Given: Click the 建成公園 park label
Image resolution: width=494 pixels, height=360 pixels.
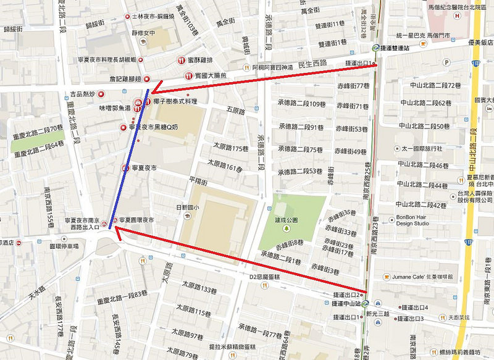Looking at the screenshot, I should pos(286,219).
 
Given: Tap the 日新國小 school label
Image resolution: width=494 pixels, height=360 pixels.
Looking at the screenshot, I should pos(188,207).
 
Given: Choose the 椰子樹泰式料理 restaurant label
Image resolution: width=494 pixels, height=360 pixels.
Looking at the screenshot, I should pos(176,101).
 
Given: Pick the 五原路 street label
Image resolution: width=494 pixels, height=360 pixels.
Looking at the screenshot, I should pos(237,111).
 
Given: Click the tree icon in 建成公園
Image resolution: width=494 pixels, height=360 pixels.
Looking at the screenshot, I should pos(287,228).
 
